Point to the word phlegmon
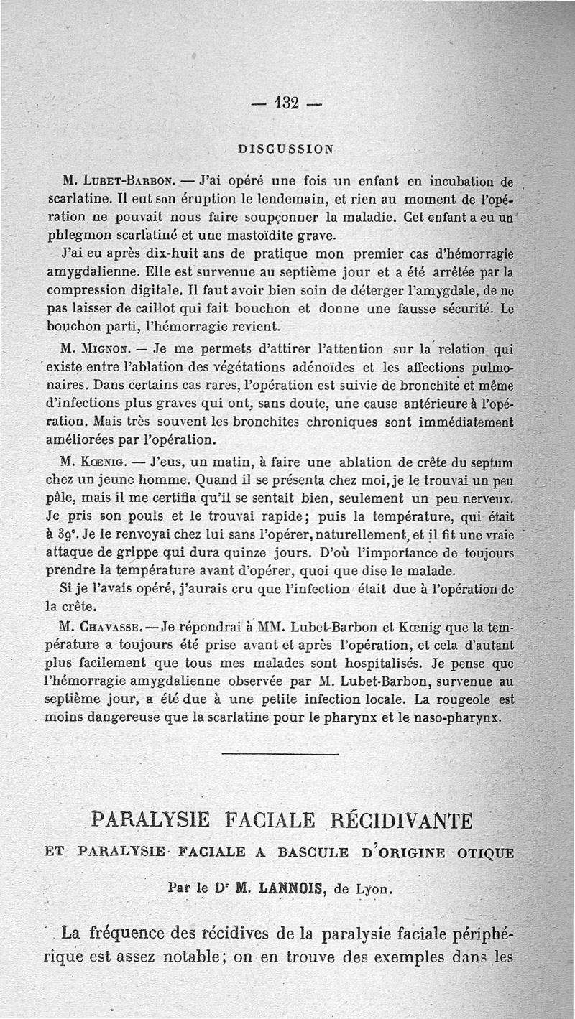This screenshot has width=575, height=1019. click(78, 234)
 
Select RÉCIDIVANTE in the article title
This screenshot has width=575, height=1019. click(401, 819)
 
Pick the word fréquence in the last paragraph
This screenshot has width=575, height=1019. click(136, 934)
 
